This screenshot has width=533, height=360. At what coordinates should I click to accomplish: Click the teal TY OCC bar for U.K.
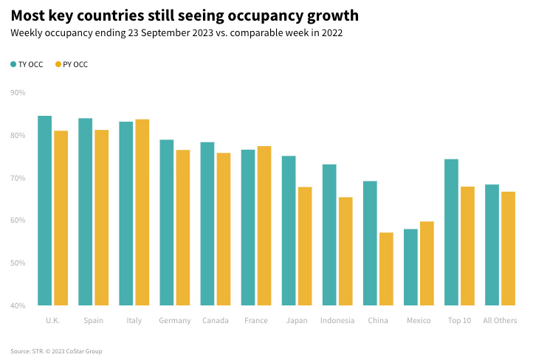[45, 210]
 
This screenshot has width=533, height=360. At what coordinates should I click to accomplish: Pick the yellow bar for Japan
[305, 246]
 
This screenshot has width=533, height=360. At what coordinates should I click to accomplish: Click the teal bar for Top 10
[451, 232]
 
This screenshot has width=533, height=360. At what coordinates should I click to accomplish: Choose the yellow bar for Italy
[142, 212]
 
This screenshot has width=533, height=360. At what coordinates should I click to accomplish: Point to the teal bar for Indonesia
[329, 235]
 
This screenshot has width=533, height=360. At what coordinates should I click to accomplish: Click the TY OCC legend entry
[27, 65]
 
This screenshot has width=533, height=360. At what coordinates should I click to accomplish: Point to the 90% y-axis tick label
[18, 93]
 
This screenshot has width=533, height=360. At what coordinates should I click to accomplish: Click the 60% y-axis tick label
[18, 221]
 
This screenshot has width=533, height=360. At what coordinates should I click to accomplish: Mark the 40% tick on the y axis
[18, 305]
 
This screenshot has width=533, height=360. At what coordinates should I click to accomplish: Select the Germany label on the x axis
[175, 321]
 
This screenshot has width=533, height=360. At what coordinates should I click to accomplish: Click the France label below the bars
[256, 321]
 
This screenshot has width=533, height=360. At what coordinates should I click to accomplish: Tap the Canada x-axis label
[216, 321]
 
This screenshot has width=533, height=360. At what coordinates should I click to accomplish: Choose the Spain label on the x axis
[94, 321]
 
